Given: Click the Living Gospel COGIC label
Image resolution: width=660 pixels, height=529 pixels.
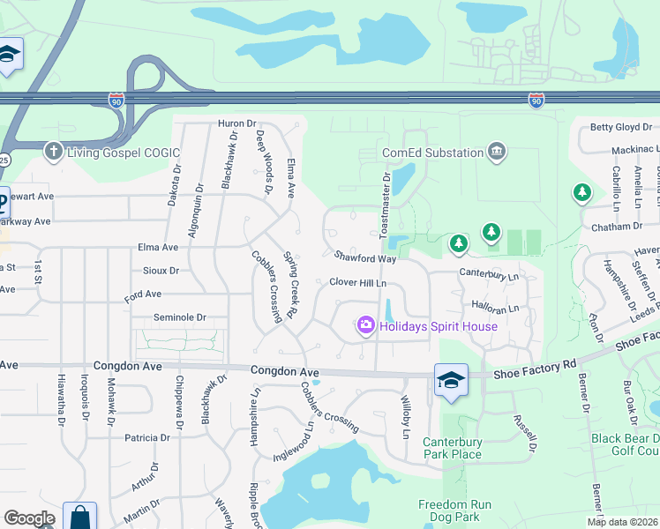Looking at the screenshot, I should (121, 152).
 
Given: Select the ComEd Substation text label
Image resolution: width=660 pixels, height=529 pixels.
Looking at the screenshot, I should (432, 153).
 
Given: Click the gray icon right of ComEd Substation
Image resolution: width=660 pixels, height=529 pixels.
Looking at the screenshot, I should (497, 152).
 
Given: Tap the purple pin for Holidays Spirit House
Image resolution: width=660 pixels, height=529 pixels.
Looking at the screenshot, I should (365, 326).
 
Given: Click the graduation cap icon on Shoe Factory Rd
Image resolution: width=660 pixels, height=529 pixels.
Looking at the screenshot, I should (450, 380).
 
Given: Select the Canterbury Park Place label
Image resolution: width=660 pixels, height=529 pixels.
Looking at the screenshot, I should (452, 448).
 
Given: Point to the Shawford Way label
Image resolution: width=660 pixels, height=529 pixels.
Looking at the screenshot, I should (364, 257).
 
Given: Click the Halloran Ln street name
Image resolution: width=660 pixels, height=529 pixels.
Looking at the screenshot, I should (495, 308).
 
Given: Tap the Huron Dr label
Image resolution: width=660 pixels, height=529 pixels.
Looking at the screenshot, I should (236, 124).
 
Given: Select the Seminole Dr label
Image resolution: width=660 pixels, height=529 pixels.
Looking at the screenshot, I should (179, 317).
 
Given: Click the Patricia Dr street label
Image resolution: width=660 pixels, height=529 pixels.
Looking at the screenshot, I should (146, 437).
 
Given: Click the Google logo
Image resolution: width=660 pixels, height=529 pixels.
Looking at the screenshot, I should (29, 518).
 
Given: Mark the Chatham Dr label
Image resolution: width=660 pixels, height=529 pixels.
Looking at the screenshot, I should (619, 227).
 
